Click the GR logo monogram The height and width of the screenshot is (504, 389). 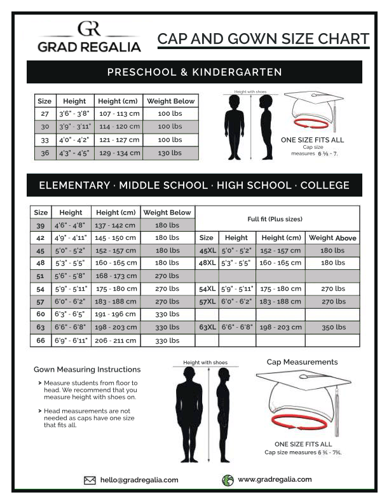[88, 29]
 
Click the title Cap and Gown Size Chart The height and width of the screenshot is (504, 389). [263, 39]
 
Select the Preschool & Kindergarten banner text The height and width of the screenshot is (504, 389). [194, 72]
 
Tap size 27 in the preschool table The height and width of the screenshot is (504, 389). [44, 113]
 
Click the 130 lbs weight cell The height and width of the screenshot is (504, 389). [170, 153]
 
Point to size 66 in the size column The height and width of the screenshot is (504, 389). [41, 340]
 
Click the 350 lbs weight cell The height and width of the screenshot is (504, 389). [332, 327]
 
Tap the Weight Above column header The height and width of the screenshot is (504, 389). [332, 238]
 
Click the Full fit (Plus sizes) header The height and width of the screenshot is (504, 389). [275, 219]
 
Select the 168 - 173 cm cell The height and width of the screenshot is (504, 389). [116, 276]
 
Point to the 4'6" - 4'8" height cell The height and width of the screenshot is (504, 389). [71, 225]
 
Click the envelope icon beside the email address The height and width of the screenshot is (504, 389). [90, 480]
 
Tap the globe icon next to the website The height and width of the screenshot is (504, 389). [228, 480]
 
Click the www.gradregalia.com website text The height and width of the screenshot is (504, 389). [275, 480]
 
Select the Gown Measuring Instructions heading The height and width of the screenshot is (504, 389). [87, 369]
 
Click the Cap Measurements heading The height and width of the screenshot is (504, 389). [302, 362]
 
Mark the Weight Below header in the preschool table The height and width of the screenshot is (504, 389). [170, 101]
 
